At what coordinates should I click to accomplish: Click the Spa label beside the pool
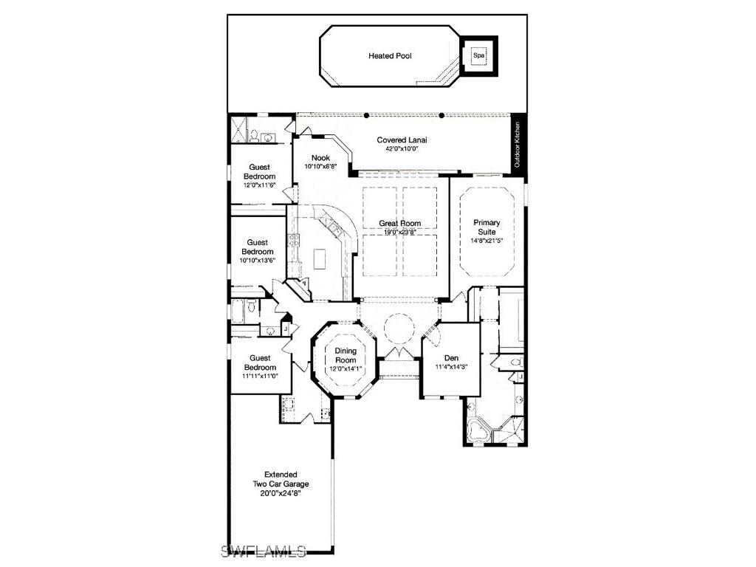point(478,55)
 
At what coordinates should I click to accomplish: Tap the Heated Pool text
point(390,55)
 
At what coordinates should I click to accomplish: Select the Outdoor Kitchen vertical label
point(518,144)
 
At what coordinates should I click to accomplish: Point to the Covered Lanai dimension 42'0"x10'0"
point(402,148)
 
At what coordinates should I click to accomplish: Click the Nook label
point(320,157)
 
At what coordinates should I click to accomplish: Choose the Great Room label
point(400,224)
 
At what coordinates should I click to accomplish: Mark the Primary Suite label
point(487,227)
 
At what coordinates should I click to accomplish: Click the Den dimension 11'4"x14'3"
point(451,366)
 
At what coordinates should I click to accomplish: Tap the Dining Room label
point(346,355)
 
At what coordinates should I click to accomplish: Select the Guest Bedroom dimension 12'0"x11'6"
point(259,185)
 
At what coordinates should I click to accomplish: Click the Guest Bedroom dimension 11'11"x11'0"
point(260,376)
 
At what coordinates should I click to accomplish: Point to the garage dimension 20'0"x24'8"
point(281,492)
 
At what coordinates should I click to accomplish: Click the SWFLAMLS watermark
point(265,550)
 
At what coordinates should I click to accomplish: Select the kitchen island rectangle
point(319,259)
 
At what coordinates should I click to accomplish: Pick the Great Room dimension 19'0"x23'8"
point(400,232)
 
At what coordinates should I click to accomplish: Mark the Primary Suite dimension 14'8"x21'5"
point(487,240)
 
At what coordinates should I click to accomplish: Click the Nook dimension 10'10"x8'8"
point(320,166)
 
